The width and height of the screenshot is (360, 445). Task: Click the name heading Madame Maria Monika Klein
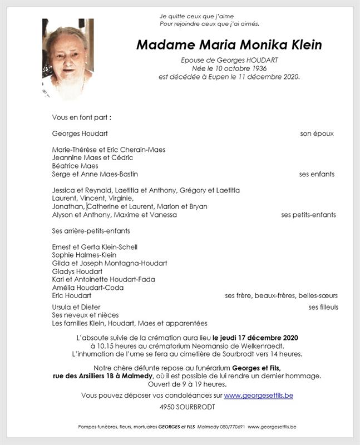(x=229, y=45)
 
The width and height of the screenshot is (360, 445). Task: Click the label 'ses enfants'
(x=317, y=174)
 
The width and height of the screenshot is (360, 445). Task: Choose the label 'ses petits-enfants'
(x=308, y=215)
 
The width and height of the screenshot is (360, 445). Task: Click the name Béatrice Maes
(x=75, y=166)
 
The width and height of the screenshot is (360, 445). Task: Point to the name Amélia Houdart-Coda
(x=87, y=288)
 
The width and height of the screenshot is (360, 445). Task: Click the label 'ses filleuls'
(x=323, y=307)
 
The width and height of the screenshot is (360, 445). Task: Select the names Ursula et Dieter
(x=76, y=307)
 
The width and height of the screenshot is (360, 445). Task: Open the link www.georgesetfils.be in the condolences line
(x=258, y=395)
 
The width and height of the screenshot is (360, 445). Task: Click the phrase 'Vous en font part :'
(x=81, y=117)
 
